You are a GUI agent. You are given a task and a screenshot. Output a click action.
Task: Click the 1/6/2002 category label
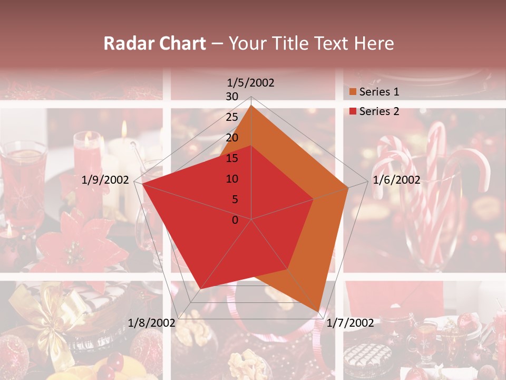click(x=396, y=180)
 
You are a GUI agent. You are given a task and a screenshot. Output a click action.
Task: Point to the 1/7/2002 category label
click(x=350, y=322)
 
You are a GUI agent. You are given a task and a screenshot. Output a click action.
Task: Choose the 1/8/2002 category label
click(x=152, y=322)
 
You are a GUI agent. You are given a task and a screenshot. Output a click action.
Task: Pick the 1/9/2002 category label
click(x=105, y=180)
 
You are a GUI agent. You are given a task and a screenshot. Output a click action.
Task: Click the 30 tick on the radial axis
click(x=231, y=97)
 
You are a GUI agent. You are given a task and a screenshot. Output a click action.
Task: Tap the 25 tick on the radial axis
click(x=231, y=117)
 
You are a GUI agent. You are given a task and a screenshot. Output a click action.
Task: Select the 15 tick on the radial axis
click(x=231, y=158)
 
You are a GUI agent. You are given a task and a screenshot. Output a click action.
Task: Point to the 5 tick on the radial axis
click(x=235, y=199)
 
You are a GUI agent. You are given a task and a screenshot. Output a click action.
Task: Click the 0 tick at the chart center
click(x=235, y=220)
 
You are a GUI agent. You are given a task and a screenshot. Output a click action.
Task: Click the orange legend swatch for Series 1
click(x=353, y=92)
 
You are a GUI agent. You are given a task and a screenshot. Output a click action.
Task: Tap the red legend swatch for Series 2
click(x=353, y=111)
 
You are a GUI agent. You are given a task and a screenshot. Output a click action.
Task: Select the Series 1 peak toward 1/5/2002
click(x=251, y=106)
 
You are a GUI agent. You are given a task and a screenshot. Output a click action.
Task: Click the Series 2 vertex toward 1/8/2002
click(x=200, y=289)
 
